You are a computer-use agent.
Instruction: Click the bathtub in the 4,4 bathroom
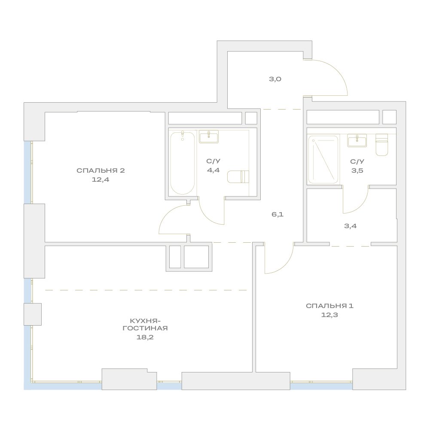pyautogui.click(x=183, y=163)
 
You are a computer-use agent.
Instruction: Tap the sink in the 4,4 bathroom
pyautogui.click(x=209, y=137)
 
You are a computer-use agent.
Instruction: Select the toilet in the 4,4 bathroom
pyautogui.click(x=238, y=177)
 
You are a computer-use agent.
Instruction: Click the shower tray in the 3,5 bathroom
pyautogui.click(x=323, y=160)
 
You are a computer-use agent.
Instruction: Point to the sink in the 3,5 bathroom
pyautogui.click(x=357, y=140)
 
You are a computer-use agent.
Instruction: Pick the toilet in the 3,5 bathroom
pyautogui.click(x=381, y=144)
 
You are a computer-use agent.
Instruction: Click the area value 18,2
pyautogui.click(x=145, y=337)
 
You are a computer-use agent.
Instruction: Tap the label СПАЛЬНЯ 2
pyautogui.click(x=101, y=171)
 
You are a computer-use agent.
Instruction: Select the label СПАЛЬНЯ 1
pyautogui.click(x=329, y=306)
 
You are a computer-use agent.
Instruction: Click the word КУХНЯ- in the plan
pyautogui.click(x=145, y=320)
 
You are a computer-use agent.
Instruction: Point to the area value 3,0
pyautogui.click(x=275, y=79)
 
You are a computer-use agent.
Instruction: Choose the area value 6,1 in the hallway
pyautogui.click(x=278, y=214)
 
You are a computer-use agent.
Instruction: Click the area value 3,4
pyautogui.click(x=351, y=226)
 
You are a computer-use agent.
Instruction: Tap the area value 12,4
pyautogui.click(x=101, y=180)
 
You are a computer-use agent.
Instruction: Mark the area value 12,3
pyautogui.click(x=329, y=315)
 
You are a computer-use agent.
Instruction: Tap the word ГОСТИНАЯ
pyautogui.click(x=145, y=328)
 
